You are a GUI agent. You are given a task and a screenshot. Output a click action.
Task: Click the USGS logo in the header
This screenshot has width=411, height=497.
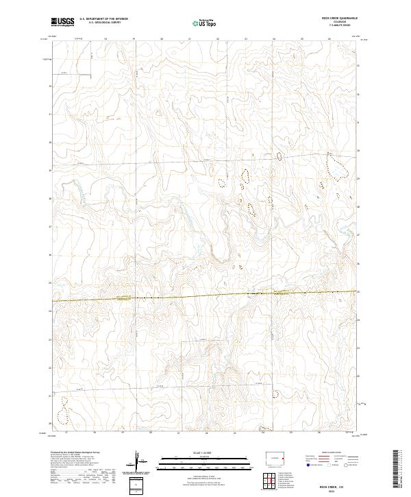pyautogui.click(x=63, y=22)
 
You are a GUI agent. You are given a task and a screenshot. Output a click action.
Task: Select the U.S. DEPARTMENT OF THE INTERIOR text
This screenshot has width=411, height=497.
pyautogui.click(x=103, y=19)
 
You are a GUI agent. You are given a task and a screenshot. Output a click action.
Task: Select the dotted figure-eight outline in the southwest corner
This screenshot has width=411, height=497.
pyautogui.click(x=63, y=412)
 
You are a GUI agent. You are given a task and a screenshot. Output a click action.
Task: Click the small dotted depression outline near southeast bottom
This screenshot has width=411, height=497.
pyautogui.click(x=277, y=394)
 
